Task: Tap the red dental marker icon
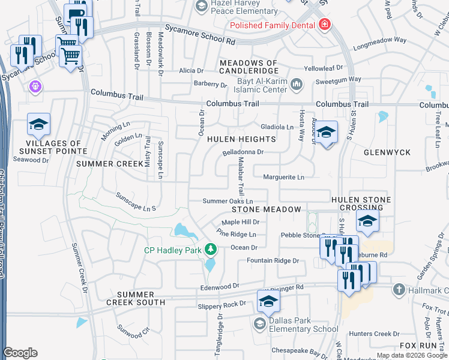coord(325,25)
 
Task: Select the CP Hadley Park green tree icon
coord(210,248)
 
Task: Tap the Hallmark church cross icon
coord(397,290)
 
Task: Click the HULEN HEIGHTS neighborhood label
coord(241,139)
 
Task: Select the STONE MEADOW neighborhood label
coord(266,209)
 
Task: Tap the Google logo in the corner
coord(20,353)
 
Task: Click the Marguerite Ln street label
coord(284,177)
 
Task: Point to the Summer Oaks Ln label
coord(228,201)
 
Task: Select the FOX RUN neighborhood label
coord(418,346)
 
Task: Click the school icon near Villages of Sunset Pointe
coord(38,125)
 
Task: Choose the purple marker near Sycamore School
coord(35,86)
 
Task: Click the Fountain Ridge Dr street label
coord(273,260)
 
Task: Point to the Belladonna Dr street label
coord(243,152)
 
